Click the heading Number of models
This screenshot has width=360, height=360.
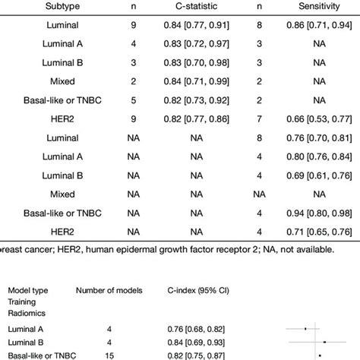pos(110,289)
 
